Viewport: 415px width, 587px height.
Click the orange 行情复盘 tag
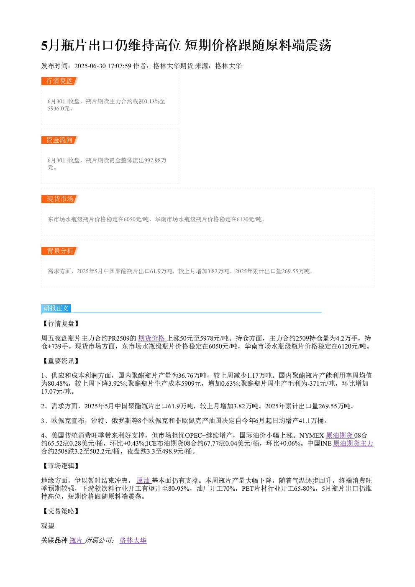(x=59, y=81)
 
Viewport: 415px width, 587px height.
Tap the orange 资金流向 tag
(x=59, y=140)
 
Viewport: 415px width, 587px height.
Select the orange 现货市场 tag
(x=59, y=199)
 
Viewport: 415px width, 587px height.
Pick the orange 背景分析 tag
(x=59, y=251)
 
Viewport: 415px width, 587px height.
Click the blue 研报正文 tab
(x=56, y=308)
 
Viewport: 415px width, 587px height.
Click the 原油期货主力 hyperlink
(x=353, y=443)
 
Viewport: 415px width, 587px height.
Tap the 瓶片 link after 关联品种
(x=76, y=540)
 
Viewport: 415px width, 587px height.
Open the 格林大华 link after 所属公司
(x=133, y=540)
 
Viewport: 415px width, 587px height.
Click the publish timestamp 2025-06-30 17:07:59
(x=102, y=66)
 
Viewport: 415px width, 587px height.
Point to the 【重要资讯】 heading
(x=61, y=361)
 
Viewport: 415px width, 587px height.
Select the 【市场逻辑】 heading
(x=61, y=466)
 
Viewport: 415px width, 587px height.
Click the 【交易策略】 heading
(x=61, y=511)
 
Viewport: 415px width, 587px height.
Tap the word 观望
(x=48, y=525)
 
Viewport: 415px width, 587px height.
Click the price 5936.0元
(x=59, y=108)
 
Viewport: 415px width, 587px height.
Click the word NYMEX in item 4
(x=312, y=435)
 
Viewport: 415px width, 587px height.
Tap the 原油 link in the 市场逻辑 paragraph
(x=143, y=480)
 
